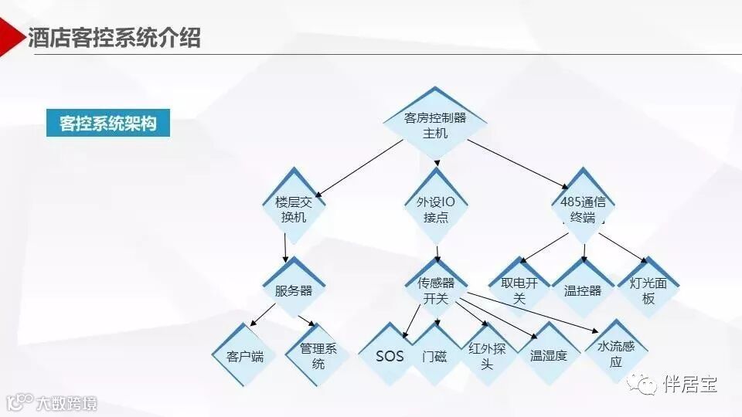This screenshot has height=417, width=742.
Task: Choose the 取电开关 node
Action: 519,290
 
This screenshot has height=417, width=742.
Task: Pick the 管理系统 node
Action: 318,356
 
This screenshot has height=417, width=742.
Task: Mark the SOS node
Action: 390,356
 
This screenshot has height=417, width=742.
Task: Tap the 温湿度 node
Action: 548,356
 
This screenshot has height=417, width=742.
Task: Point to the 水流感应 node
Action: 615,353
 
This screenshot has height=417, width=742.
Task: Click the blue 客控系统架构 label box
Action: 107,124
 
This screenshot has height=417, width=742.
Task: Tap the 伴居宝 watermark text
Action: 689,384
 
